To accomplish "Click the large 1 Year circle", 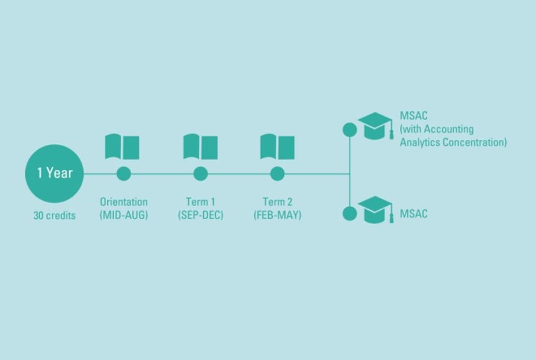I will pyautogui.click(x=54, y=173).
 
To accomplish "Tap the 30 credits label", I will pyautogui.click(x=54, y=215).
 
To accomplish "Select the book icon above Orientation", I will pyautogui.click(x=122, y=147).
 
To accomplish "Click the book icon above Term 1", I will pyautogui.click(x=200, y=147).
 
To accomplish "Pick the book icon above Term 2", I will pyautogui.click(x=277, y=147).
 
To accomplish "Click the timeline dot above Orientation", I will pyautogui.click(x=124, y=174).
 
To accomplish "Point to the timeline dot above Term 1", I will pyautogui.click(x=200, y=174).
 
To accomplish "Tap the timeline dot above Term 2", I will pyautogui.click(x=277, y=174).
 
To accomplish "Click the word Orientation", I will pyautogui.click(x=124, y=202).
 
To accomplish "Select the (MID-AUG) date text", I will pyautogui.click(x=124, y=215).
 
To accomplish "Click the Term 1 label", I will pyautogui.click(x=200, y=202).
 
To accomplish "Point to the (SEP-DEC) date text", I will pyautogui.click(x=200, y=215).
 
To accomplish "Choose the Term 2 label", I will pyautogui.click(x=277, y=202).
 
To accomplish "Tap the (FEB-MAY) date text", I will pyautogui.click(x=277, y=215).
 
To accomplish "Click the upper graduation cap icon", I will pyautogui.click(x=375, y=126).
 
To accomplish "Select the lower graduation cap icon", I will pyautogui.click(x=375, y=210).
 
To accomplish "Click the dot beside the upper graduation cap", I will pyautogui.click(x=350, y=130).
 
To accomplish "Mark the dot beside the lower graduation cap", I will pyautogui.click(x=350, y=213).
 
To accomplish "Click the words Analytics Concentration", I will pyautogui.click(x=453, y=142).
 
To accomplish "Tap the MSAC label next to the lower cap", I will pyautogui.click(x=414, y=213).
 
